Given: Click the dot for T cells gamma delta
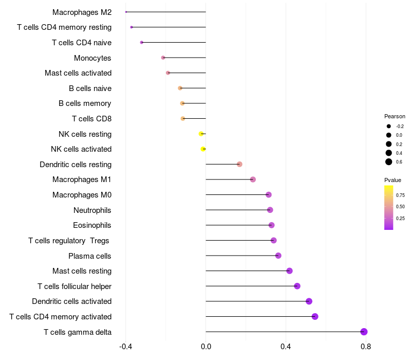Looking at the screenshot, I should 364,332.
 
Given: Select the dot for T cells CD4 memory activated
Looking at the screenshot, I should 315,316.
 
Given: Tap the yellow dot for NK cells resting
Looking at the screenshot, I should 201,134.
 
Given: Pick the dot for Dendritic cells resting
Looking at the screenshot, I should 239,164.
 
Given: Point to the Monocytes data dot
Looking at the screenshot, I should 163,58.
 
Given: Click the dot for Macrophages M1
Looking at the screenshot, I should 253,179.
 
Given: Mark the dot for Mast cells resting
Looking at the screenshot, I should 289,271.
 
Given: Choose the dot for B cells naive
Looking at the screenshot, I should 180,88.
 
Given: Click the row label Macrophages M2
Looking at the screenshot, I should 82,12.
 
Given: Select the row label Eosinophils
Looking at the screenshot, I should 92,225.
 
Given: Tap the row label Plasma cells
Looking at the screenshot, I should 90,256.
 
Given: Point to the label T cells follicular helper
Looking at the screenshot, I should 74,286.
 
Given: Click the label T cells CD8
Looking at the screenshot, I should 91,119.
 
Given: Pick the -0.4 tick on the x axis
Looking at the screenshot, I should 126,347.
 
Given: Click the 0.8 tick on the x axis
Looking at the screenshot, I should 366,347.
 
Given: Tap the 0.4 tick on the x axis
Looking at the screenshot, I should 286,347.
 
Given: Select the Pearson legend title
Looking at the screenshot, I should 395,116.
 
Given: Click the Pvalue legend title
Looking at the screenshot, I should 393,180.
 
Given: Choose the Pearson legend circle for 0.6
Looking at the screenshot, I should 389,162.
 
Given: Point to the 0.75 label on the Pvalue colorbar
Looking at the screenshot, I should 400,195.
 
